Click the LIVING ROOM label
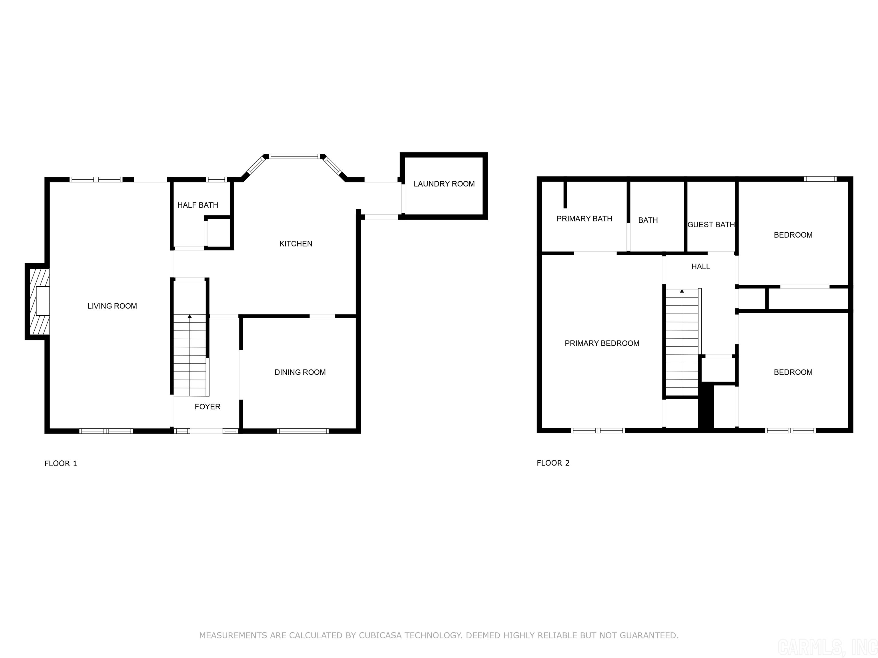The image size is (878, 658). (x=112, y=306)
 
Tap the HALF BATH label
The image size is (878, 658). (x=198, y=205)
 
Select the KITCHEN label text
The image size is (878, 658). (x=296, y=244)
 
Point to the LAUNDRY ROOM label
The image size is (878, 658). (x=444, y=184)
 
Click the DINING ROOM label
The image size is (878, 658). (x=300, y=372)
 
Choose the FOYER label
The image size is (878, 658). (x=207, y=407)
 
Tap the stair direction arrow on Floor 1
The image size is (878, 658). (x=190, y=316)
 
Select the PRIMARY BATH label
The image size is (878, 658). (x=584, y=218)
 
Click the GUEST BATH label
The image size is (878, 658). (x=711, y=224)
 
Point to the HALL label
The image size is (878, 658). (x=701, y=266)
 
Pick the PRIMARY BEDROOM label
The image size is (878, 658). (x=602, y=343)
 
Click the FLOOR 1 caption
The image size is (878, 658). (x=61, y=463)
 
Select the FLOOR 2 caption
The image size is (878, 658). (x=553, y=463)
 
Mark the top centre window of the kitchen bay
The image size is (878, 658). (x=294, y=156)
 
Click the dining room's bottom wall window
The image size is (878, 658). (x=303, y=431)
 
